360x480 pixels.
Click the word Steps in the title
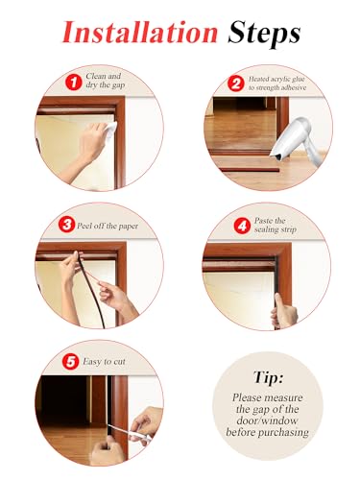coord(265,33)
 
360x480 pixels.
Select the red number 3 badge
coord(66,225)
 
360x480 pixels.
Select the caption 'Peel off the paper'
coord(111,226)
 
